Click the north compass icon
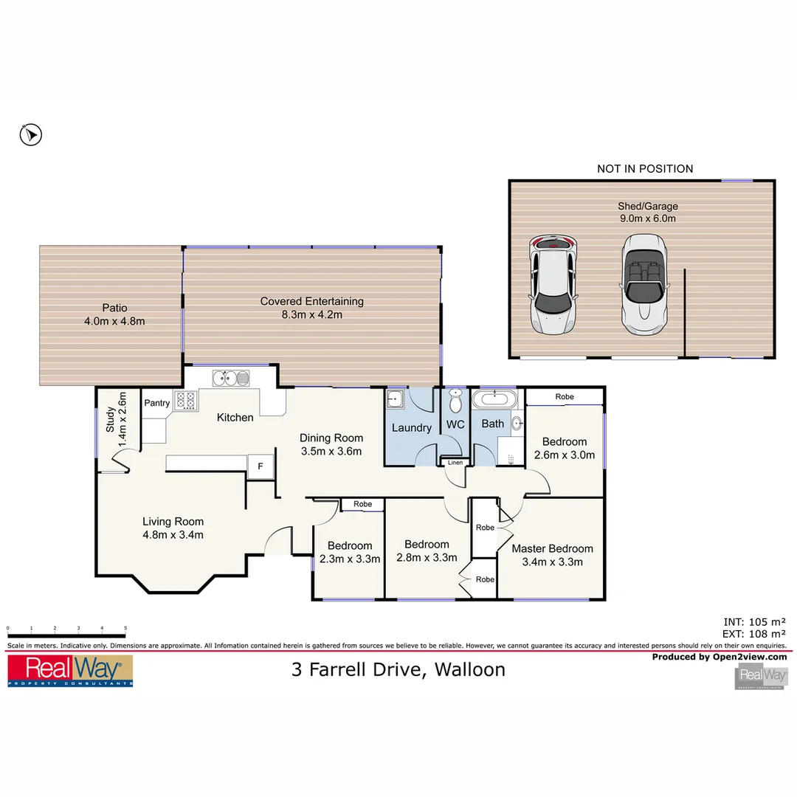[30, 134]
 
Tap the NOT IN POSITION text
[645, 169]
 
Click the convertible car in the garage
[644, 286]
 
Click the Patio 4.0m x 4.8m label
[114, 314]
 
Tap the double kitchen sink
[231, 379]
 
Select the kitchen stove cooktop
[185, 401]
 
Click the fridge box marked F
[260, 466]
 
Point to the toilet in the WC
[456, 402]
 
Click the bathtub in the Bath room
[493, 400]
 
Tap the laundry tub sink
[396, 399]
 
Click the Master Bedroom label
[552, 548]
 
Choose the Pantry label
[156, 403]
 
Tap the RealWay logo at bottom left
[70, 671]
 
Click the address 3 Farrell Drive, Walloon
[398, 669]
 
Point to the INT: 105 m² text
[756, 621]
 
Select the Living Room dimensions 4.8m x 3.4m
[173, 535]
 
